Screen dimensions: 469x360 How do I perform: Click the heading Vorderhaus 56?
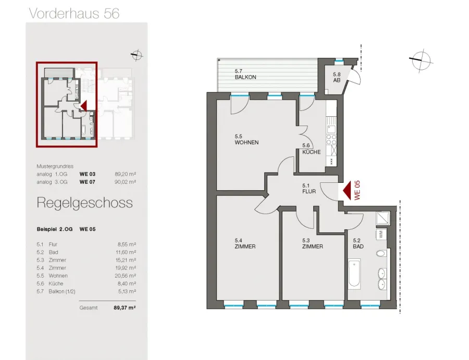(x=74, y=14)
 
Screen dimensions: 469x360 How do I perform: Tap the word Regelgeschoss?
(x=84, y=203)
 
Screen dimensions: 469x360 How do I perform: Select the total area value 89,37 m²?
(x=125, y=307)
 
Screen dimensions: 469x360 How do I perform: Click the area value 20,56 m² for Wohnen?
(x=126, y=276)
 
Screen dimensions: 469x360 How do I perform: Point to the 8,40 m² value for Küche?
(x=127, y=283)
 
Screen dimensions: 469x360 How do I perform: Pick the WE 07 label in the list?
(x=88, y=182)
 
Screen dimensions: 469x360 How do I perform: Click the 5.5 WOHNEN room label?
(x=246, y=140)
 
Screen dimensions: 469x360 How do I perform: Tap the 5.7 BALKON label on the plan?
(x=245, y=74)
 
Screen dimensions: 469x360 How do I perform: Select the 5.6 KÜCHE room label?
(x=311, y=149)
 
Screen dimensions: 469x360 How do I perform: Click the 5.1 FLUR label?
(x=309, y=189)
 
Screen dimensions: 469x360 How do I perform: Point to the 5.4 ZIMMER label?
(x=245, y=243)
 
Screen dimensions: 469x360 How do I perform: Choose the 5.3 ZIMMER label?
(x=312, y=243)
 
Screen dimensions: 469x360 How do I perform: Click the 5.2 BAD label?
(x=358, y=243)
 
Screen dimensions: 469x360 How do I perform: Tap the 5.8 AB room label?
(x=337, y=77)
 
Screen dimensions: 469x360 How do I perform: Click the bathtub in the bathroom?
(x=354, y=274)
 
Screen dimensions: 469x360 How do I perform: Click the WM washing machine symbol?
(x=381, y=234)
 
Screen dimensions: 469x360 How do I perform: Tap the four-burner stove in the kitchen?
(x=331, y=140)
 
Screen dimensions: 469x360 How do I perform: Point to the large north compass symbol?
(x=421, y=60)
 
